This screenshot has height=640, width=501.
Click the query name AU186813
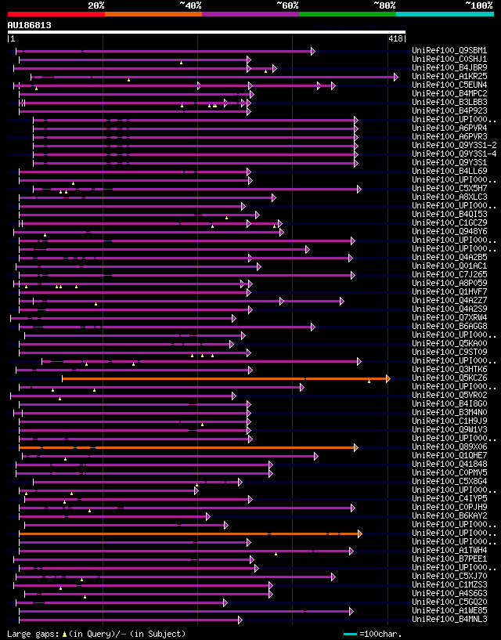click(x=29, y=25)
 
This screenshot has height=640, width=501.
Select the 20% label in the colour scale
click(x=96, y=5)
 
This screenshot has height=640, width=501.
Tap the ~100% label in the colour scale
click(x=478, y=5)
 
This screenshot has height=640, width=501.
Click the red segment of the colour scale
click(x=56, y=14)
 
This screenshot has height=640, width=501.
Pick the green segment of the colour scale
click(x=347, y=14)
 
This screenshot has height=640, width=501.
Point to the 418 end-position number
click(x=395, y=38)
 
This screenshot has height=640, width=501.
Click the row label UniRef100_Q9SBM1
click(x=449, y=51)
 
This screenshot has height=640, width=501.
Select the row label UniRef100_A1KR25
click(x=449, y=77)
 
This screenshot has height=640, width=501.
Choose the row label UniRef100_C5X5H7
click(x=449, y=189)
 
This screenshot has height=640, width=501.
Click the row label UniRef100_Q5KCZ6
click(x=449, y=378)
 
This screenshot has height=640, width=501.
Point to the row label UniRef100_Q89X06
click(x=449, y=447)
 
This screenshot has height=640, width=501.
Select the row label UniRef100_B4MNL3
click(x=449, y=620)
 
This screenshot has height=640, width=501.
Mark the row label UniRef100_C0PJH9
click(x=449, y=508)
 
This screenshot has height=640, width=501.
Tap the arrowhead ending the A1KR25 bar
click(x=396, y=77)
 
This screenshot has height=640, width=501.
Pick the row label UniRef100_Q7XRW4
click(x=449, y=318)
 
